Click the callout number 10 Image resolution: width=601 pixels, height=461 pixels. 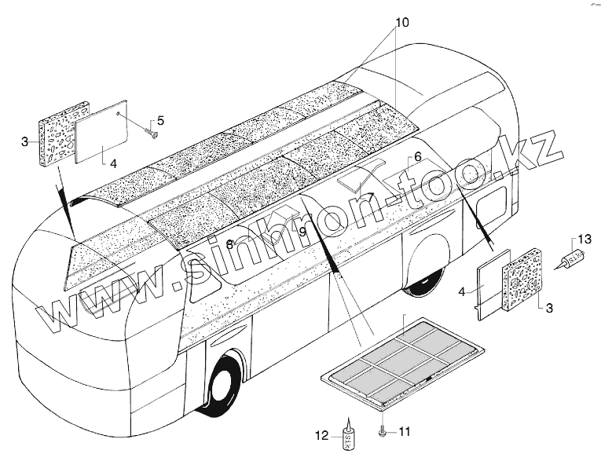(401, 23)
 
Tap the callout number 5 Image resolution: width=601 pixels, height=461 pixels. (160, 120)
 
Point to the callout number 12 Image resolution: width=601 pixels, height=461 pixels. (321, 435)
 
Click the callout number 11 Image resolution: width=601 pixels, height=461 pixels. (405, 431)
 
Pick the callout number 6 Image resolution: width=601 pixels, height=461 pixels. (417, 155)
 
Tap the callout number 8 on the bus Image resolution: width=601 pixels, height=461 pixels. (229, 244)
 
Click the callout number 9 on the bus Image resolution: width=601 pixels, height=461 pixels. (302, 232)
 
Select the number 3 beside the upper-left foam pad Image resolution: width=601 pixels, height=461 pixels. (25, 141)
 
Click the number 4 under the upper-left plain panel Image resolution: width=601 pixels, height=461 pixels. (113, 164)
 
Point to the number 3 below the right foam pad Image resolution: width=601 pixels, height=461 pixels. (548, 309)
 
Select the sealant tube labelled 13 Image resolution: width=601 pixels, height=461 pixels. (570, 259)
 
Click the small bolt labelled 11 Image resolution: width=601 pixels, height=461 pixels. (382, 431)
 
